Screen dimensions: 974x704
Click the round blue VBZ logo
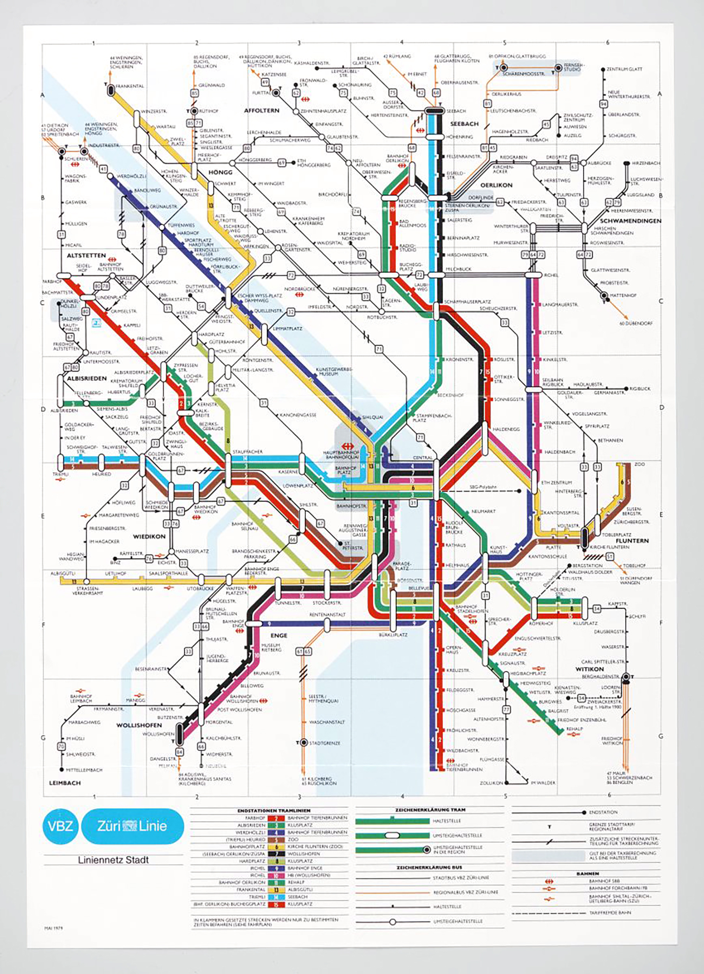pyautogui.click(x=60, y=826)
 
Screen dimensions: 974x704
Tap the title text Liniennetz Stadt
pyautogui.click(x=113, y=860)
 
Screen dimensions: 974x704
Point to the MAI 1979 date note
pyautogui.click(x=54, y=928)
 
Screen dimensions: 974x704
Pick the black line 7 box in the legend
pyautogui.click(x=276, y=854)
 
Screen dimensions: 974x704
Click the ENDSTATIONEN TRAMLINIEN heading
pyautogui.click(x=269, y=810)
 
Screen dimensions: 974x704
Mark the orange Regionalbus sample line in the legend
pyautogui.click(x=392, y=892)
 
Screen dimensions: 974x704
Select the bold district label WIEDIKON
pyautogui.click(x=149, y=536)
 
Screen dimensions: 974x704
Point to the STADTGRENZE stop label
pyautogui.click(x=324, y=743)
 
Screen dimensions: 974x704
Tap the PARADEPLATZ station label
pyautogui.click(x=402, y=566)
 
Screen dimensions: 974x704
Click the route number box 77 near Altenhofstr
pyautogui.click(x=507, y=709)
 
